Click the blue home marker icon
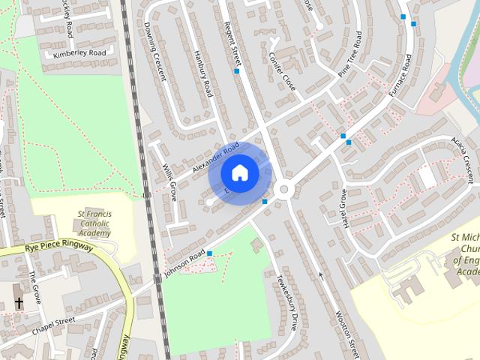[239, 172]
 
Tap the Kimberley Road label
[78, 54]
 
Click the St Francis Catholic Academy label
[95, 223]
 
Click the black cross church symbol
[18, 303]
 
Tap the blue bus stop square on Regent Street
[237, 71]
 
